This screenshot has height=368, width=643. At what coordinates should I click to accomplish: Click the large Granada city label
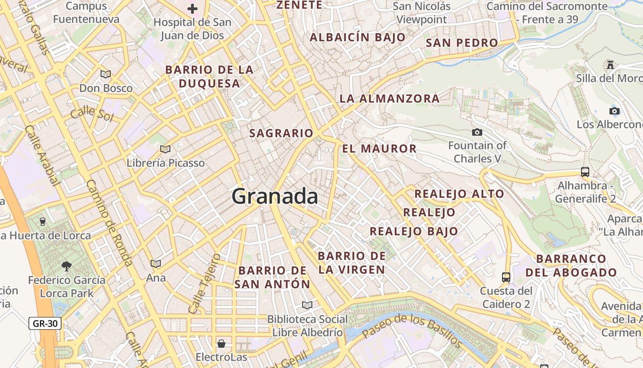coord(275,196)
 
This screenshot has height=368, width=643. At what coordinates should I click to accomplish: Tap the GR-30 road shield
coord(45,323)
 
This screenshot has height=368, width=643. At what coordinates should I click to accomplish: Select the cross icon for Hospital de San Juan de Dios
coord(192,9)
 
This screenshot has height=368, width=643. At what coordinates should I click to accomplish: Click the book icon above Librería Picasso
coord(165,149)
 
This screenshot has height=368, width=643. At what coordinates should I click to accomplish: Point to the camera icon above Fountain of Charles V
coord(477,132)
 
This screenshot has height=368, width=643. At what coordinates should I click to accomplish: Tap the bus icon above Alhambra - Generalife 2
coord(585,172)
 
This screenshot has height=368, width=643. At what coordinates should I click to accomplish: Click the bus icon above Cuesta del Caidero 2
coord(506,277)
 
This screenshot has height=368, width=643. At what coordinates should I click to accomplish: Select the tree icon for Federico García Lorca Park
coord(67,266)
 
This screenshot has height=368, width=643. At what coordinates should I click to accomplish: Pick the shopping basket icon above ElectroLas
coord(221,344)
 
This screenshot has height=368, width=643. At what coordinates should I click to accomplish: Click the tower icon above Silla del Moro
coord(610,65)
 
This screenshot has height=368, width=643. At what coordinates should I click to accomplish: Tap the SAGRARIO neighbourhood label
coord(281,133)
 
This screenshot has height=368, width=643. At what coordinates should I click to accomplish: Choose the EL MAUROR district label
coord(379,149)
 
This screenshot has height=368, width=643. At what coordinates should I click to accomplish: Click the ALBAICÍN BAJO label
coord(358,38)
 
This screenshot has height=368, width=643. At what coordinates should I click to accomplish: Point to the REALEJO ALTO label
coord(459,194)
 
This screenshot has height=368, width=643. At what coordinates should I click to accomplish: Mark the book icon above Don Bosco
coord(106,74)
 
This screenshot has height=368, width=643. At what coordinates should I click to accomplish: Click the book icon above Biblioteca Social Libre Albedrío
coord(307,305)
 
